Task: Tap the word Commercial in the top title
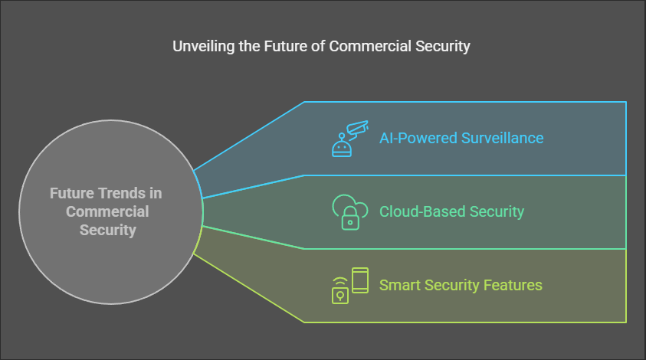click(x=370, y=46)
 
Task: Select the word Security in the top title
click(x=443, y=47)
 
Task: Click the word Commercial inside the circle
click(x=107, y=211)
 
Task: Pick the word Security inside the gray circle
click(x=108, y=231)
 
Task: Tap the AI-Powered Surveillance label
click(x=461, y=138)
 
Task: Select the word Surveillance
click(x=502, y=138)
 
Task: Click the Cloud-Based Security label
click(x=451, y=211)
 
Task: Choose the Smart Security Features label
click(x=461, y=285)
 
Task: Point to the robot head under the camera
click(x=342, y=146)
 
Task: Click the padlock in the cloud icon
click(x=350, y=218)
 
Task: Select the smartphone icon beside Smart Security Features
click(x=360, y=280)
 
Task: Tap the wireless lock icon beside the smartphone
click(x=340, y=291)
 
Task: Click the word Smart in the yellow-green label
click(x=400, y=285)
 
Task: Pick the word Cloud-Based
click(x=423, y=211)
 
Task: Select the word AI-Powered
click(x=418, y=138)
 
